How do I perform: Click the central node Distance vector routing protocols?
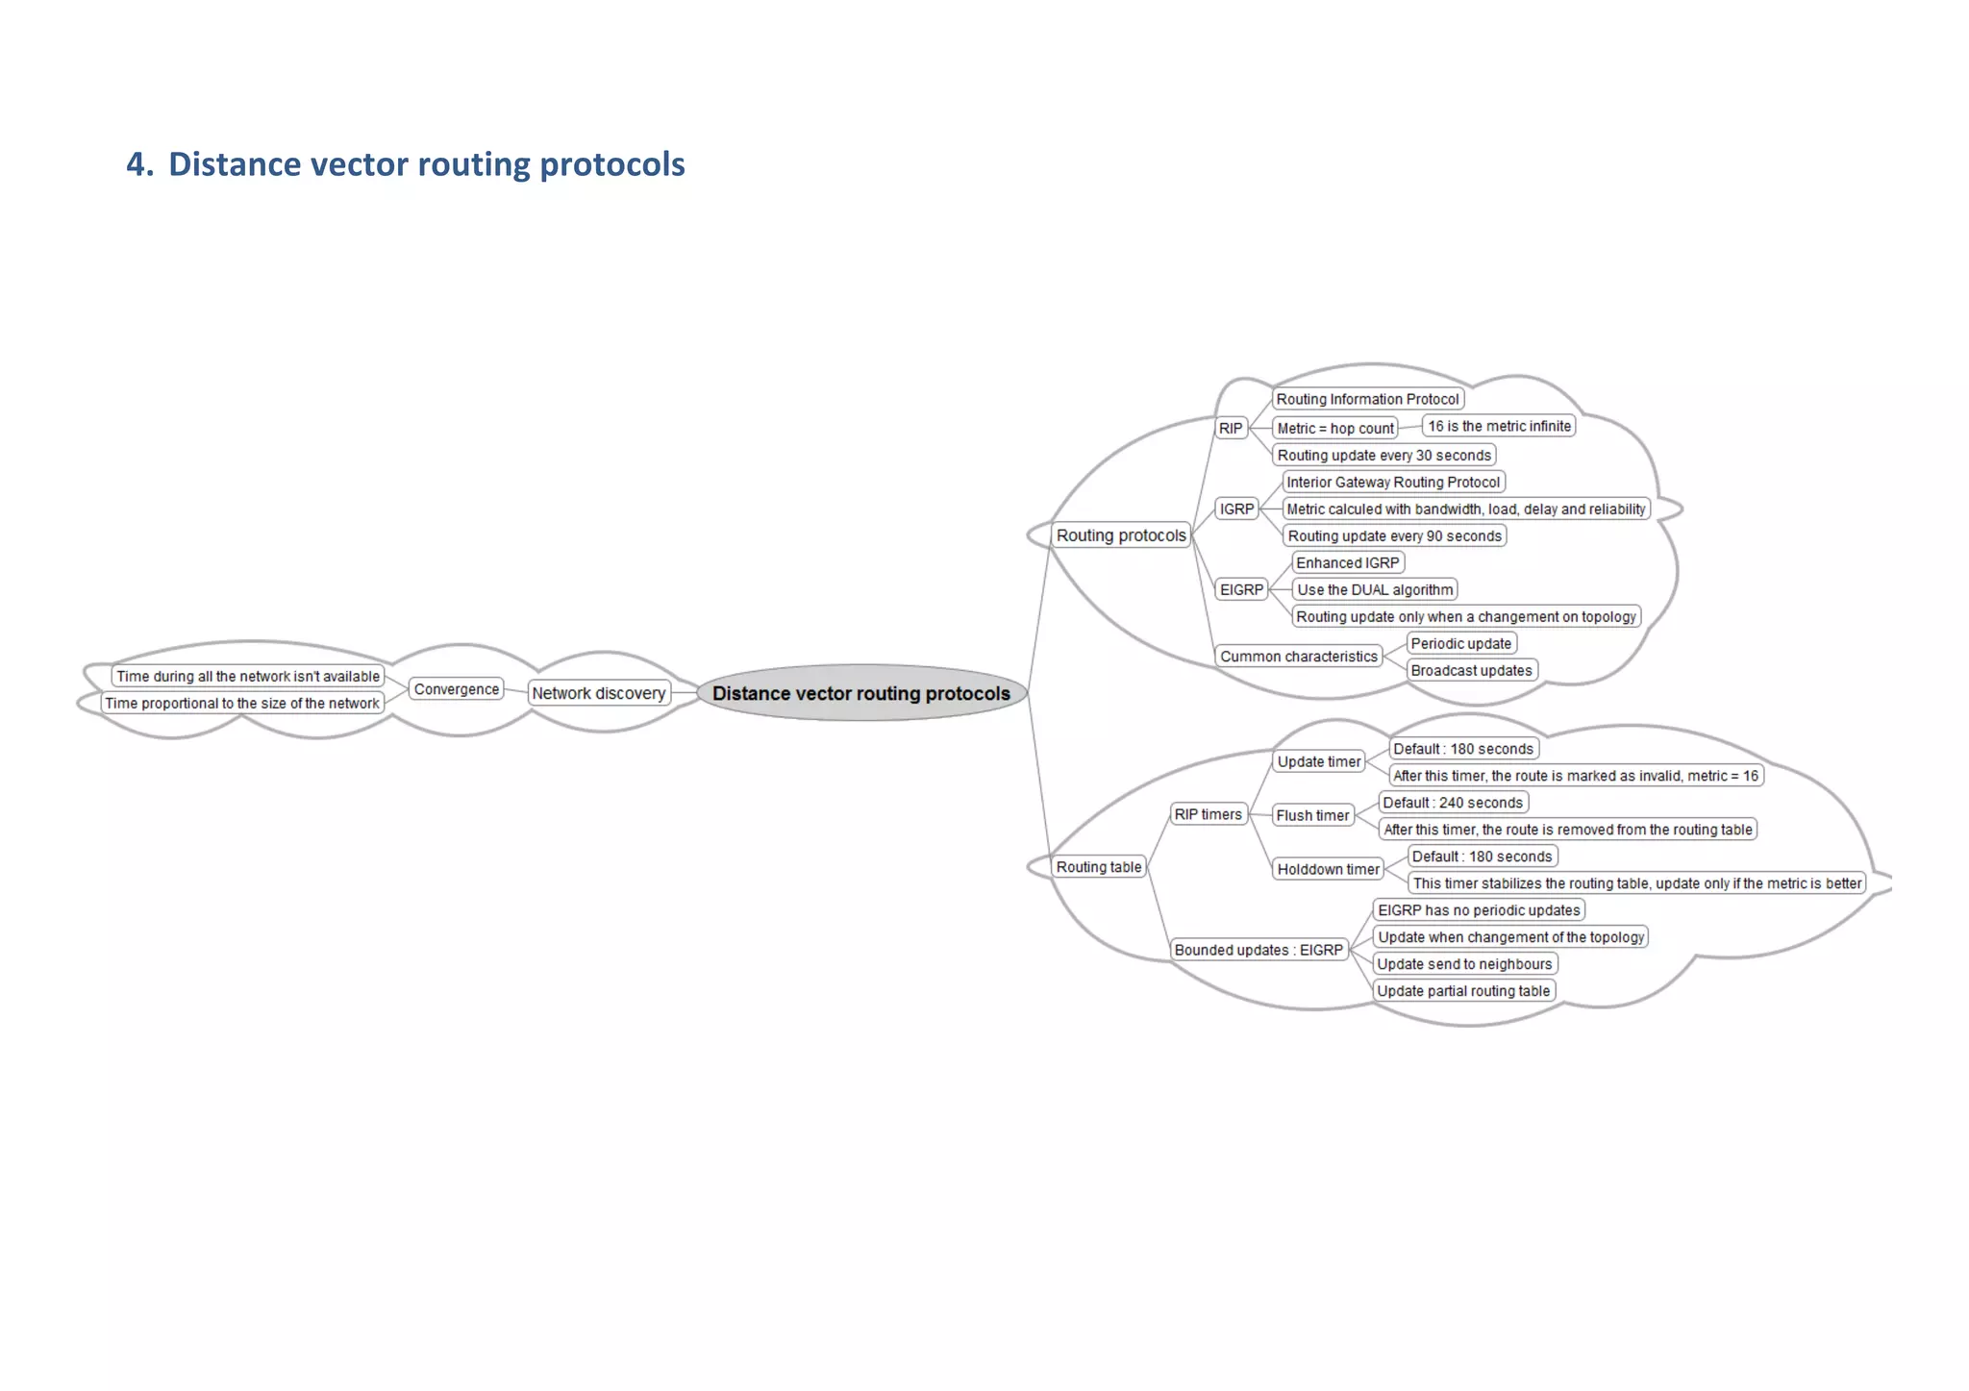pyautogui.click(x=860, y=693)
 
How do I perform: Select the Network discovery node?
pyautogui.click(x=598, y=693)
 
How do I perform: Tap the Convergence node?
pyautogui.click(x=457, y=689)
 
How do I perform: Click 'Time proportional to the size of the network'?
pyautogui.click(x=242, y=704)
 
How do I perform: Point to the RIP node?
pyautogui.click(x=1231, y=429)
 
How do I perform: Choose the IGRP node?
pyautogui.click(x=1236, y=509)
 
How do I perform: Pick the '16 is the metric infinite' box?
pyautogui.click(x=1499, y=426)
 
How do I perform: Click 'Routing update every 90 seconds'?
pyautogui.click(x=1394, y=536)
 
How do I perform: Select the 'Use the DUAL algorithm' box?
pyautogui.click(x=1375, y=590)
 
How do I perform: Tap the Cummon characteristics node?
pyautogui.click(x=1298, y=657)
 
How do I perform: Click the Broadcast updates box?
pyautogui.click(x=1471, y=671)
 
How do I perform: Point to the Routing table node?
pyautogui.click(x=1099, y=867)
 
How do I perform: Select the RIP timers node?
pyautogui.click(x=1208, y=814)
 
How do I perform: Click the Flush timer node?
pyautogui.click(x=1312, y=815)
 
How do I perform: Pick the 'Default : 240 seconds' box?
pyautogui.click(x=1453, y=803)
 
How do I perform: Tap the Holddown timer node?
pyautogui.click(x=1328, y=869)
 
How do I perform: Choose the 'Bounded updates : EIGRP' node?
pyautogui.click(x=1259, y=950)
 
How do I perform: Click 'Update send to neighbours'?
pyautogui.click(x=1464, y=964)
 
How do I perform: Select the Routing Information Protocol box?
pyautogui.click(x=1367, y=400)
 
